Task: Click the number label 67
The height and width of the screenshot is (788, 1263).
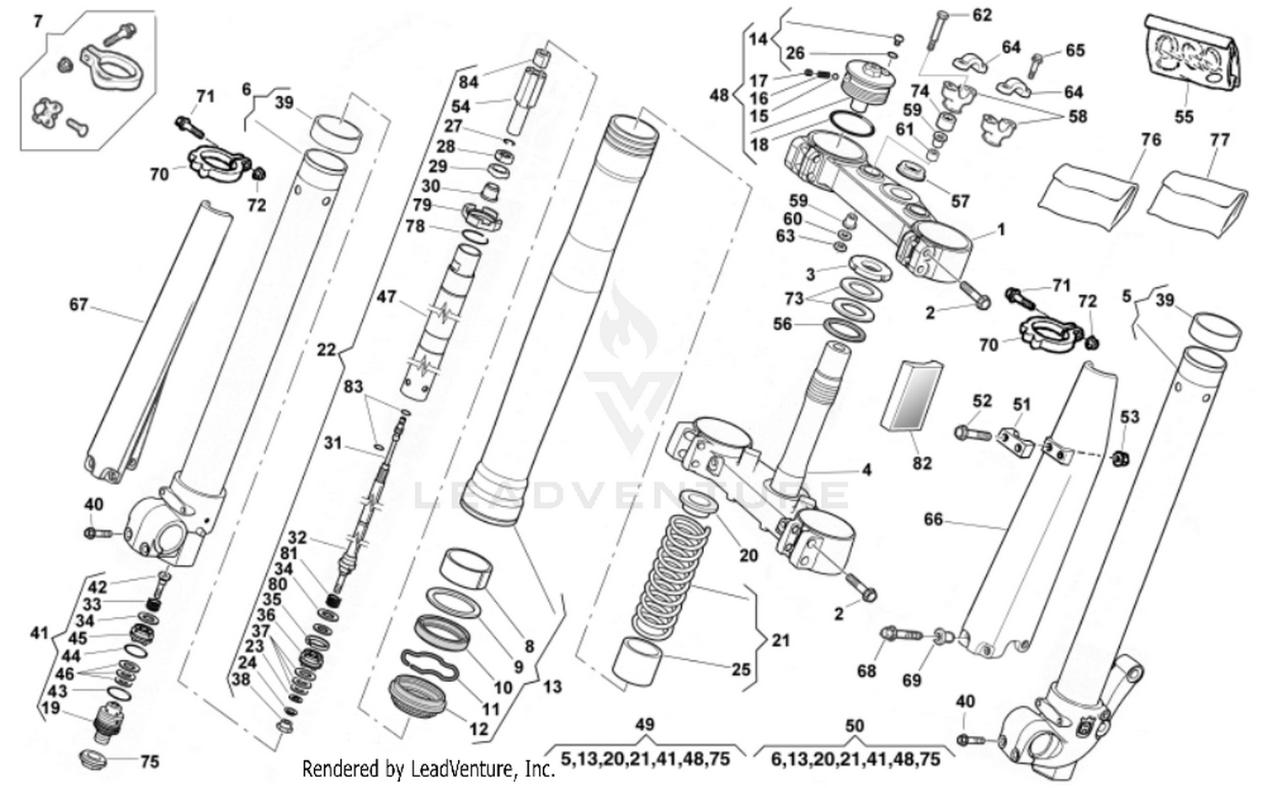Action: click(x=78, y=304)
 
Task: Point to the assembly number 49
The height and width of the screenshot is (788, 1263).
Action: click(x=644, y=725)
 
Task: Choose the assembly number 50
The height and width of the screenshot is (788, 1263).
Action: click(x=854, y=725)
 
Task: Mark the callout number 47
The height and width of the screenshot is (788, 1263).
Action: click(x=386, y=297)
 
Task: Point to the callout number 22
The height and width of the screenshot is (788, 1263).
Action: click(x=326, y=349)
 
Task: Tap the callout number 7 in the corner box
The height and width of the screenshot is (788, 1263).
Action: click(x=38, y=21)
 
